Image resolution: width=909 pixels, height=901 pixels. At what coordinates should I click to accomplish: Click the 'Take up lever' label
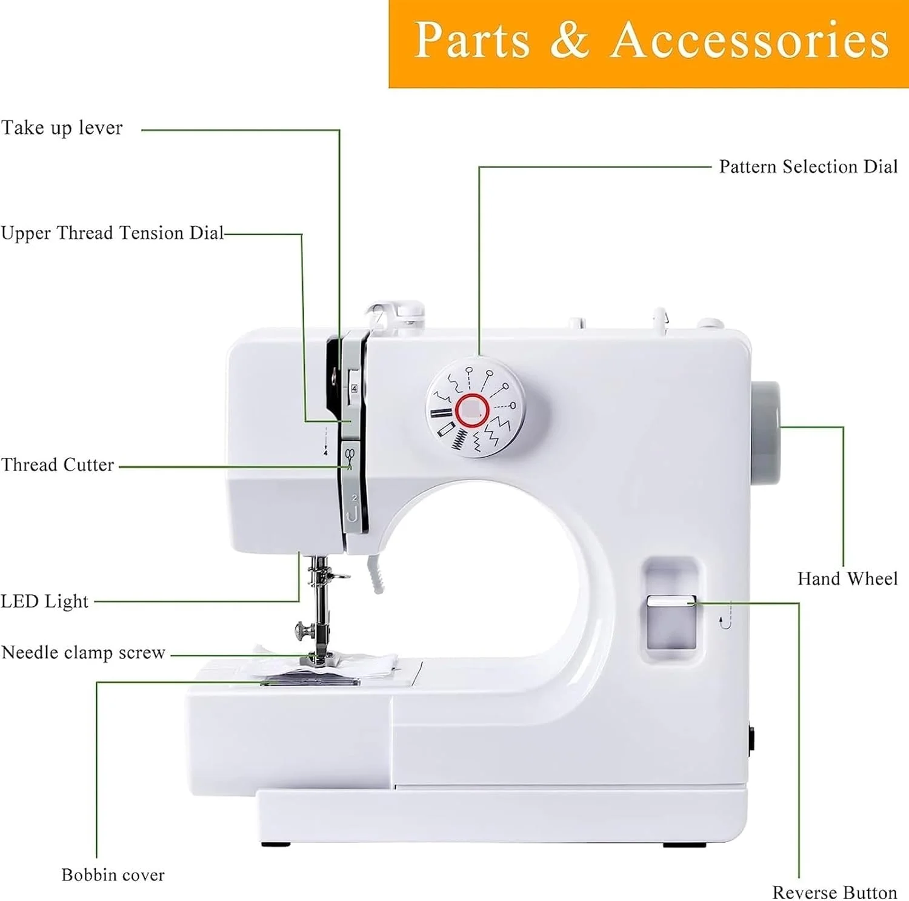coord(62,128)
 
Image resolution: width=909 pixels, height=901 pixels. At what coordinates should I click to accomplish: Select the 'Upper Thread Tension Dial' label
coord(112,233)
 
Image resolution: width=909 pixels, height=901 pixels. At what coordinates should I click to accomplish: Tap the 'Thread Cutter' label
coord(58,465)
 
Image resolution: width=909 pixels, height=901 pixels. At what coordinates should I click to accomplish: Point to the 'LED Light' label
coord(45,601)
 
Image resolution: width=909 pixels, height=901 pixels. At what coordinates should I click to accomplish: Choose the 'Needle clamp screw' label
coord(84,653)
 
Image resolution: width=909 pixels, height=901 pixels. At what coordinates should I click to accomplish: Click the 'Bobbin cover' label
coord(113,875)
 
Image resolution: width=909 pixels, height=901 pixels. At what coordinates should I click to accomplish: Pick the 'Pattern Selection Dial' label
coord(808,167)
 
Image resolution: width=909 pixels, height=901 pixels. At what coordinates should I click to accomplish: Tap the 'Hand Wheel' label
coord(848,579)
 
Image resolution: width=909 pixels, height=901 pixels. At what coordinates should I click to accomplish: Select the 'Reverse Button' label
coord(834,893)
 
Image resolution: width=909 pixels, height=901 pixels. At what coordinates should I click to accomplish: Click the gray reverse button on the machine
coord(671,622)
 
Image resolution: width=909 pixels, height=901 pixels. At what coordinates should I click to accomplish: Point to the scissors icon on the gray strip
coord(349,457)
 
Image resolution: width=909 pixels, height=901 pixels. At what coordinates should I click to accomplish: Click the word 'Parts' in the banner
coord(472,40)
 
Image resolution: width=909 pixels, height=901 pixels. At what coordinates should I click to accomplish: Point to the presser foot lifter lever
coord(376,572)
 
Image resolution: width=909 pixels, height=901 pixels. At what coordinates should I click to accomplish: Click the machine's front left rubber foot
coord(276,844)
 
